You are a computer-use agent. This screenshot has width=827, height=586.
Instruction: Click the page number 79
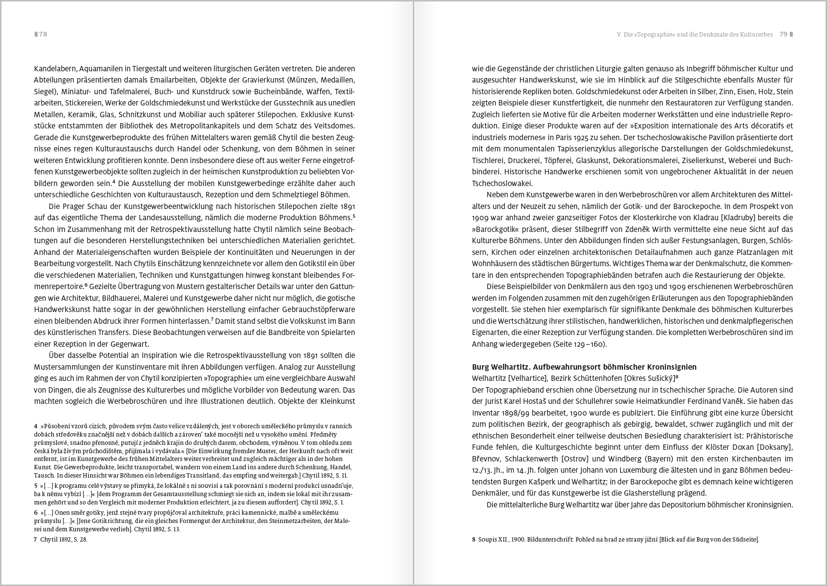[x=784, y=34]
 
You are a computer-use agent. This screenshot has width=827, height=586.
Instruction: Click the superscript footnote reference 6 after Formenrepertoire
[x=86, y=285]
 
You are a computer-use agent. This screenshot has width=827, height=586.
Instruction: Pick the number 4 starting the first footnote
[x=36, y=426]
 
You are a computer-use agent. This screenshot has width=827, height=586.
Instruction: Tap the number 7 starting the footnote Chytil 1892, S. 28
[x=36, y=540]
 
